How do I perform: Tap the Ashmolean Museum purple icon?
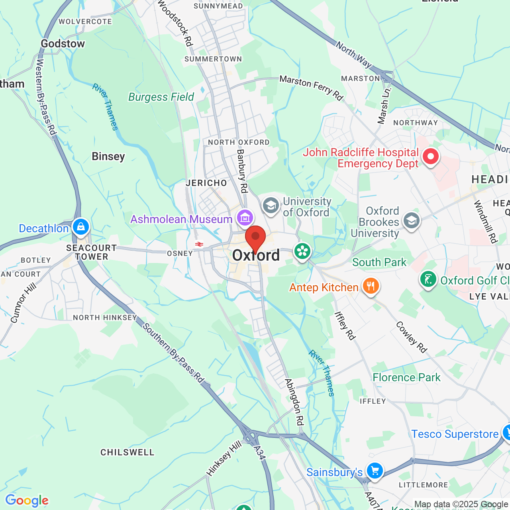(x=245, y=218)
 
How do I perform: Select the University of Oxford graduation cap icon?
(x=271, y=206)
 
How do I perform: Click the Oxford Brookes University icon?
(x=411, y=220)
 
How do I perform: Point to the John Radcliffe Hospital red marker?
(x=430, y=157)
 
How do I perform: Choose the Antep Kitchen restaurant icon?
(x=371, y=286)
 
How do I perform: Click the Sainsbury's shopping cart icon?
(x=375, y=471)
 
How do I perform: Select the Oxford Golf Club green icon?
(x=428, y=279)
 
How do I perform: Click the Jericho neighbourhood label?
(x=206, y=183)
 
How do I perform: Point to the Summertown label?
(x=213, y=59)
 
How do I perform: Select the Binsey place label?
(x=108, y=157)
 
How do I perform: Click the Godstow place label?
(x=63, y=44)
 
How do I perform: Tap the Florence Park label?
(x=406, y=377)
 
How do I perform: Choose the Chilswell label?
(x=127, y=452)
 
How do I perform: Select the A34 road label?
(x=259, y=452)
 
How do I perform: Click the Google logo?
(x=27, y=500)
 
